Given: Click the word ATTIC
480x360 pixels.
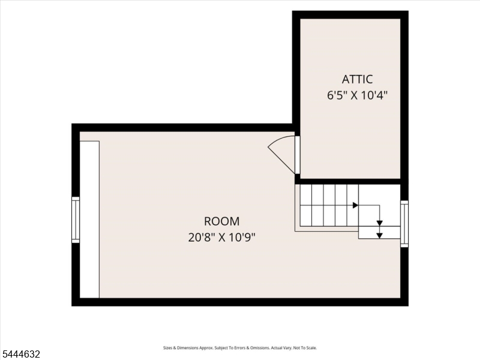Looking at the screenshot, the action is click(357, 79).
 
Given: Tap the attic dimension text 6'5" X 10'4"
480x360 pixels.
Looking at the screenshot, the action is click(357, 95).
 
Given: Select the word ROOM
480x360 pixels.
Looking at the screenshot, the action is click(221, 221).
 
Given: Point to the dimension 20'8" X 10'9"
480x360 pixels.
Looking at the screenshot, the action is click(221, 237).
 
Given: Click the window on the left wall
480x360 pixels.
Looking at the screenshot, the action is click(76, 220).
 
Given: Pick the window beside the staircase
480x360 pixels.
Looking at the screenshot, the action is click(404, 224).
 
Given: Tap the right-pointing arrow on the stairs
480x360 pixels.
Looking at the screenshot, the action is click(355, 205).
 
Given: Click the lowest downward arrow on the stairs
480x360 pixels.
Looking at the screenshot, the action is click(380, 235).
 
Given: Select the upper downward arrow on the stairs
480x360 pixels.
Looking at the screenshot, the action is click(380, 223).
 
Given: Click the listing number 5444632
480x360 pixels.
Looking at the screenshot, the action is click(20, 354).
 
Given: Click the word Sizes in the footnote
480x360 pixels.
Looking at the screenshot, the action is click(167, 348).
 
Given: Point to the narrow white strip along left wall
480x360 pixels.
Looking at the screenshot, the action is click(89, 219).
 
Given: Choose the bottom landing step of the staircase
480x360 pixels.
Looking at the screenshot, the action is click(379, 233).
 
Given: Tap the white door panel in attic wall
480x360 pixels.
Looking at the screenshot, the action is click(297, 155).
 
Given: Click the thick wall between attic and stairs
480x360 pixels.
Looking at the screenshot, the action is click(351, 182).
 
